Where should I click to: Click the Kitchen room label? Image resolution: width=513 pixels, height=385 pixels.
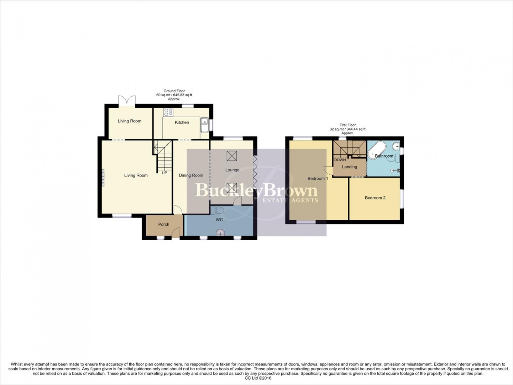coord(182,122)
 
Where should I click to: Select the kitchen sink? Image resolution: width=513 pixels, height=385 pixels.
coord(204,125)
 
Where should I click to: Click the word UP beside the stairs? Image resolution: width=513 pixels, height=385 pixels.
coord(164,173)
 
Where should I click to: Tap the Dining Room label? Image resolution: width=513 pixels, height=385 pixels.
coord(191,175)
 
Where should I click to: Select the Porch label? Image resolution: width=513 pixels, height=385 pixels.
coord(164,224)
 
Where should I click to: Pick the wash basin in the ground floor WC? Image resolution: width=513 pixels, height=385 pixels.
coord(220,232)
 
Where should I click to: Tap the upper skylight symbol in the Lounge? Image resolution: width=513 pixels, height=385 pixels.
coord(231,156)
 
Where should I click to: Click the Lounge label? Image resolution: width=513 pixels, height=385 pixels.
coord(232,170)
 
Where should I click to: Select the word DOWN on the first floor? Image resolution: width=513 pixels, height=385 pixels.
coord(340,160)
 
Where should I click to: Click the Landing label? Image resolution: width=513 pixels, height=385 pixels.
coord(349,167)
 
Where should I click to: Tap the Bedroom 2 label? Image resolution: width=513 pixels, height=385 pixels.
coord(375,198)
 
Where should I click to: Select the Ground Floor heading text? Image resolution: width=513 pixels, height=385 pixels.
coord(174,91)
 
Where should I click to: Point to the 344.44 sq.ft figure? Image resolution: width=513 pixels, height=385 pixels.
coord(357,129)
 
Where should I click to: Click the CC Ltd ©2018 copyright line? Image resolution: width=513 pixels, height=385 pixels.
coord(256,378)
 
